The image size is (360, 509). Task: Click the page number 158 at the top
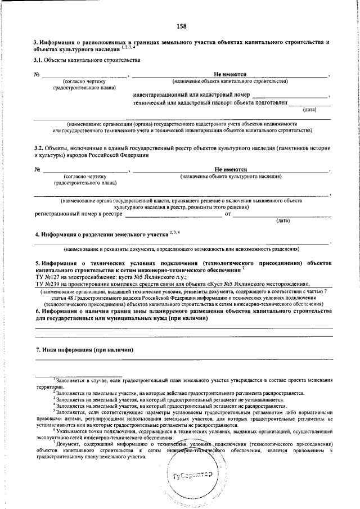(x=181, y=26)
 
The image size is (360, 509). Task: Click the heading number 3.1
(x=38, y=60)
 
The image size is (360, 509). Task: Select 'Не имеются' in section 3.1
(x=231, y=74)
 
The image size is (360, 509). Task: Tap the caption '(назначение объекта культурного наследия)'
(x=231, y=176)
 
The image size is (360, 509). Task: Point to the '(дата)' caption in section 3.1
(x=309, y=109)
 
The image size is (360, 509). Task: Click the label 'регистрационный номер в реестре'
(x=78, y=214)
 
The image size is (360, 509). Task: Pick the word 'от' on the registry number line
(x=228, y=214)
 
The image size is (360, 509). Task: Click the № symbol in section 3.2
(x=37, y=169)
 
